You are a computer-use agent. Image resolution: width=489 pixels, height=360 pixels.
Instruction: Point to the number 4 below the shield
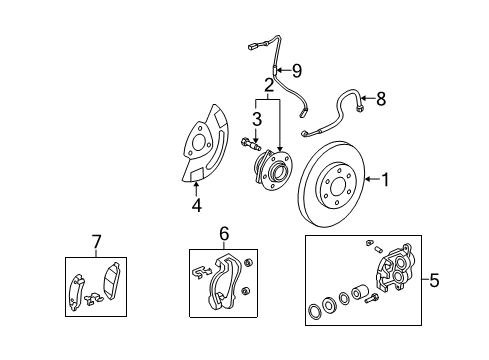[196, 207]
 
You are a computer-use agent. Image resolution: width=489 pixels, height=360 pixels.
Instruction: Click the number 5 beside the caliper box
[433, 281]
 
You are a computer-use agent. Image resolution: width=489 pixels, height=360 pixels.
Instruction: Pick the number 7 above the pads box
[96, 242]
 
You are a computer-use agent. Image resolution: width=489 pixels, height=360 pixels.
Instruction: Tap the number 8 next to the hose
[379, 98]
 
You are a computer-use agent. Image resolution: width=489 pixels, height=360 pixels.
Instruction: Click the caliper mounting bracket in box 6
[228, 283]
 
